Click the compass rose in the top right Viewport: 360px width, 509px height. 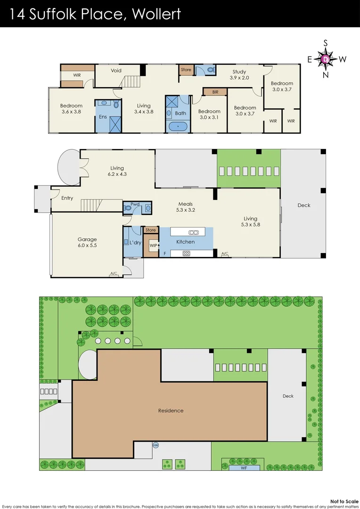326,59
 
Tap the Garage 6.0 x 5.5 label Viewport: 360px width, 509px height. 87,242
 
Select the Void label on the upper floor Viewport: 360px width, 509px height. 116,71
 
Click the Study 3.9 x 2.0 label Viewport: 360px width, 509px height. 239,75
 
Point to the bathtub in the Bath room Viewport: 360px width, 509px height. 178,126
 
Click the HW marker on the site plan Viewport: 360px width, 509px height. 155,445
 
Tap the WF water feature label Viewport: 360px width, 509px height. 245,468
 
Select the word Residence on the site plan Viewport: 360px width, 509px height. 171,410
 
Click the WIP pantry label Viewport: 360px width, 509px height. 153,246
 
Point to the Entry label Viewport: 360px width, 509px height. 67,198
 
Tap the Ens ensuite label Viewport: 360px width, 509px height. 102,116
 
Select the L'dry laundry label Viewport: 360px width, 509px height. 135,242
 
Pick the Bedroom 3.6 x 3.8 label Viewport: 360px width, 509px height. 72,109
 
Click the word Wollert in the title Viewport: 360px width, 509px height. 156,14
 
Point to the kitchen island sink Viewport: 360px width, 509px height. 193,232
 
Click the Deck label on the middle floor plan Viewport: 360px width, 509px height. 304,205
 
